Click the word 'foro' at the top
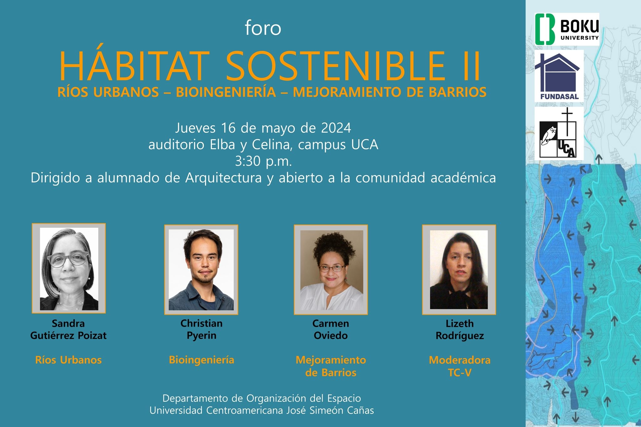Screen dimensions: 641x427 pos(263,28)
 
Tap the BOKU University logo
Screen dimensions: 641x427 pos(567,29)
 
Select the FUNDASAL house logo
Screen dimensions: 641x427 pos(559,76)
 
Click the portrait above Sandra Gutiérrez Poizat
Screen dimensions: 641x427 pos(69,268)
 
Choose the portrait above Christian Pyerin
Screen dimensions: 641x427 pos(201,270)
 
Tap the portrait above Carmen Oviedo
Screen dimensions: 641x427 pos(331,270)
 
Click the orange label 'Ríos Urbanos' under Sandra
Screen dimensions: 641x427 pos(69,360)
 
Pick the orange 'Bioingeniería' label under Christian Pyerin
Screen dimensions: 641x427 pos(202,360)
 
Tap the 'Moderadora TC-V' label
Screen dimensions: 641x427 pos(459,366)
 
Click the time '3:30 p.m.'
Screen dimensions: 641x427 pos(263,161)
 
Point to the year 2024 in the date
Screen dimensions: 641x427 pos(336,128)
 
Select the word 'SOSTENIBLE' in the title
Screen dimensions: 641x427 pos(335,66)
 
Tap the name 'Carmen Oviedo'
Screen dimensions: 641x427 pos(331,329)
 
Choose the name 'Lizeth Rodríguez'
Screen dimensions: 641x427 pos(460,329)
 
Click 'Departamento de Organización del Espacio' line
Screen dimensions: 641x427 pos(262,398)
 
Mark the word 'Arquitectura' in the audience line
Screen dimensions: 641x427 pos(223,178)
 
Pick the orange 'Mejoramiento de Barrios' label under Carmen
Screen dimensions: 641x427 pos(331,366)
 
